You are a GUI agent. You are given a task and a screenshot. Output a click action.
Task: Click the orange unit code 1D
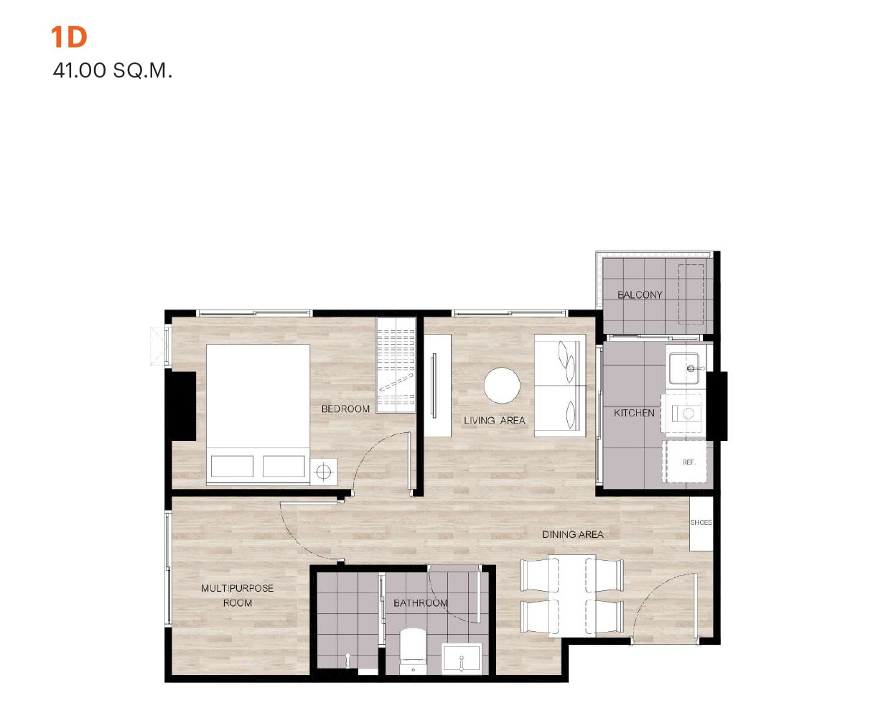pyautogui.click(x=69, y=37)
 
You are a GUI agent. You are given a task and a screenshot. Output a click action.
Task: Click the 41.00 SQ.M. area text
pyautogui.click(x=113, y=71)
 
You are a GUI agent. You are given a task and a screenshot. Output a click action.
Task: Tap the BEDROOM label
pyautogui.click(x=345, y=409)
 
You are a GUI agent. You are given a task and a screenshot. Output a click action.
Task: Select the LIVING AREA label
pyautogui.click(x=495, y=420)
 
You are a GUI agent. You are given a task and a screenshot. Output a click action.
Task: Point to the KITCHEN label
pyautogui.click(x=634, y=413)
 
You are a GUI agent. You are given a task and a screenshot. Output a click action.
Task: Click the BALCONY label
pyautogui.click(x=640, y=295)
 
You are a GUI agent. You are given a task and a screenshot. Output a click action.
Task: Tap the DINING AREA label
pyautogui.click(x=573, y=534)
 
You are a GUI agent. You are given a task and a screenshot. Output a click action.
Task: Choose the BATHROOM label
pyautogui.click(x=420, y=603)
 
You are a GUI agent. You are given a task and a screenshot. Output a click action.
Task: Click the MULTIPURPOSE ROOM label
pyautogui.click(x=237, y=595)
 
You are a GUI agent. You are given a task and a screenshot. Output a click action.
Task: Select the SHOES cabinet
pyautogui.click(x=701, y=523)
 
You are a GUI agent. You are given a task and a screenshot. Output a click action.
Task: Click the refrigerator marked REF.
pyautogui.click(x=685, y=462)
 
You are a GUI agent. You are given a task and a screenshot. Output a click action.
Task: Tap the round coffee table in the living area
pyautogui.click(x=502, y=386)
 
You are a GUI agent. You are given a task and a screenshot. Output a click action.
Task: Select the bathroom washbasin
pyautogui.click(x=461, y=658)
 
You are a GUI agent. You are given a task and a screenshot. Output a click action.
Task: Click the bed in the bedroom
pyautogui.click(x=258, y=414)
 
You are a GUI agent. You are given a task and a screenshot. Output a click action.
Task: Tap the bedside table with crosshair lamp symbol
pyautogui.click(x=323, y=472)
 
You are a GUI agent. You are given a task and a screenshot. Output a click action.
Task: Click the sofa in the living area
pyautogui.click(x=560, y=386)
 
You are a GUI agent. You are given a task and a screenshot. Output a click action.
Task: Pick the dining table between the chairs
pyautogui.click(x=572, y=596)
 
